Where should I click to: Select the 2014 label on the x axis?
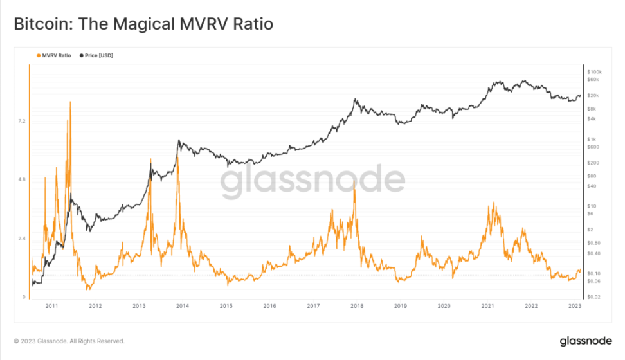182,306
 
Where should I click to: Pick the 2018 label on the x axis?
356,306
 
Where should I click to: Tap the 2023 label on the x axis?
575,306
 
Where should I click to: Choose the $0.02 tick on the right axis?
594,297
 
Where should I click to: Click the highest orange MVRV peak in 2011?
69,102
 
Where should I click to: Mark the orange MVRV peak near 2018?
354,182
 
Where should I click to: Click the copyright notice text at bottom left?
69,341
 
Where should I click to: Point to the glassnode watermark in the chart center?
312,180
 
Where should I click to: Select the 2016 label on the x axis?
269,306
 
